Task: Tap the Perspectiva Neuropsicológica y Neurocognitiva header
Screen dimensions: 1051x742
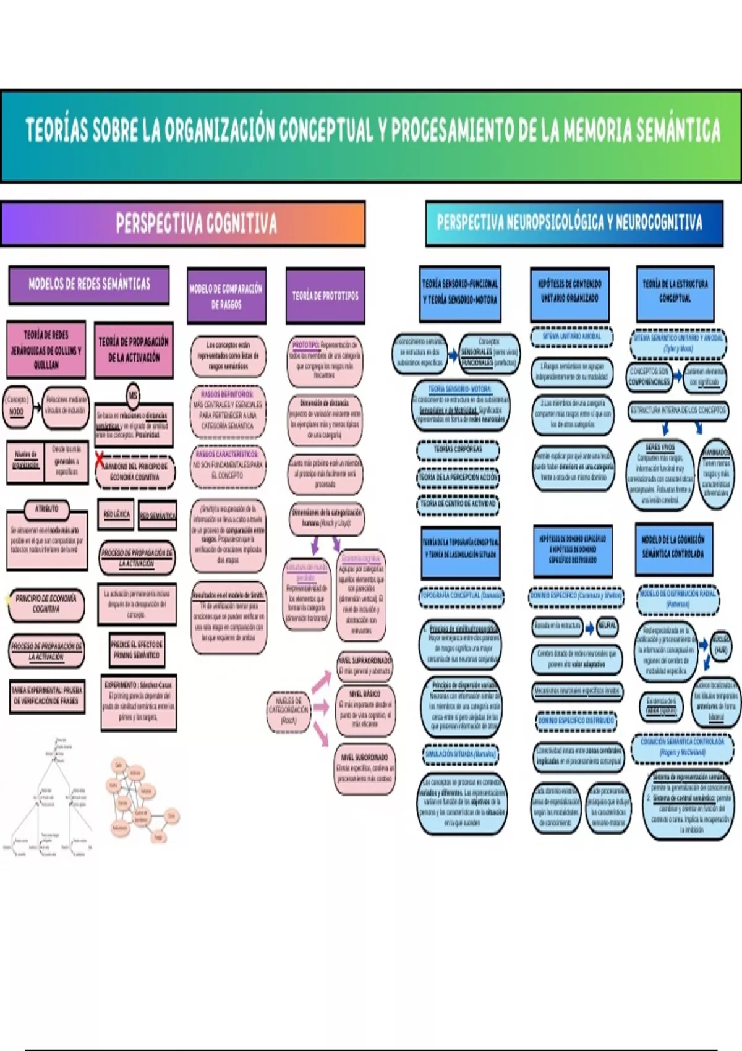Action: coord(574,223)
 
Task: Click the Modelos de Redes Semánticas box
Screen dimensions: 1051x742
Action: coord(89,284)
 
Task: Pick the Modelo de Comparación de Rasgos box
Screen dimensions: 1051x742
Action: coord(226,296)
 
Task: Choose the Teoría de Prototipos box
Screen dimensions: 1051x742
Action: coord(325,296)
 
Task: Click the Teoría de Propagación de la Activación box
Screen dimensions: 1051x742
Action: coord(134,350)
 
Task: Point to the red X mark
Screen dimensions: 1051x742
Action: coord(100,459)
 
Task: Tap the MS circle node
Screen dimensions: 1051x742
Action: coord(133,396)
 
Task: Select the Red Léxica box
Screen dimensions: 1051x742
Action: coord(116,514)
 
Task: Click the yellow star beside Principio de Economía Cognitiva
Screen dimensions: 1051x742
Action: coord(8,598)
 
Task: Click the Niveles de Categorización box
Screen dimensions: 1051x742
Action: coord(289,711)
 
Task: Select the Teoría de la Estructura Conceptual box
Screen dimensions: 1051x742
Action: coord(675,292)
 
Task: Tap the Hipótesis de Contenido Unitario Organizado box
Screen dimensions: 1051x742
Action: coord(569,292)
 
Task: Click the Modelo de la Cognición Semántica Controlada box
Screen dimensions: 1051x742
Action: coord(673,548)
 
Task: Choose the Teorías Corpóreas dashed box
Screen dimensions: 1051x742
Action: coord(458,449)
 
